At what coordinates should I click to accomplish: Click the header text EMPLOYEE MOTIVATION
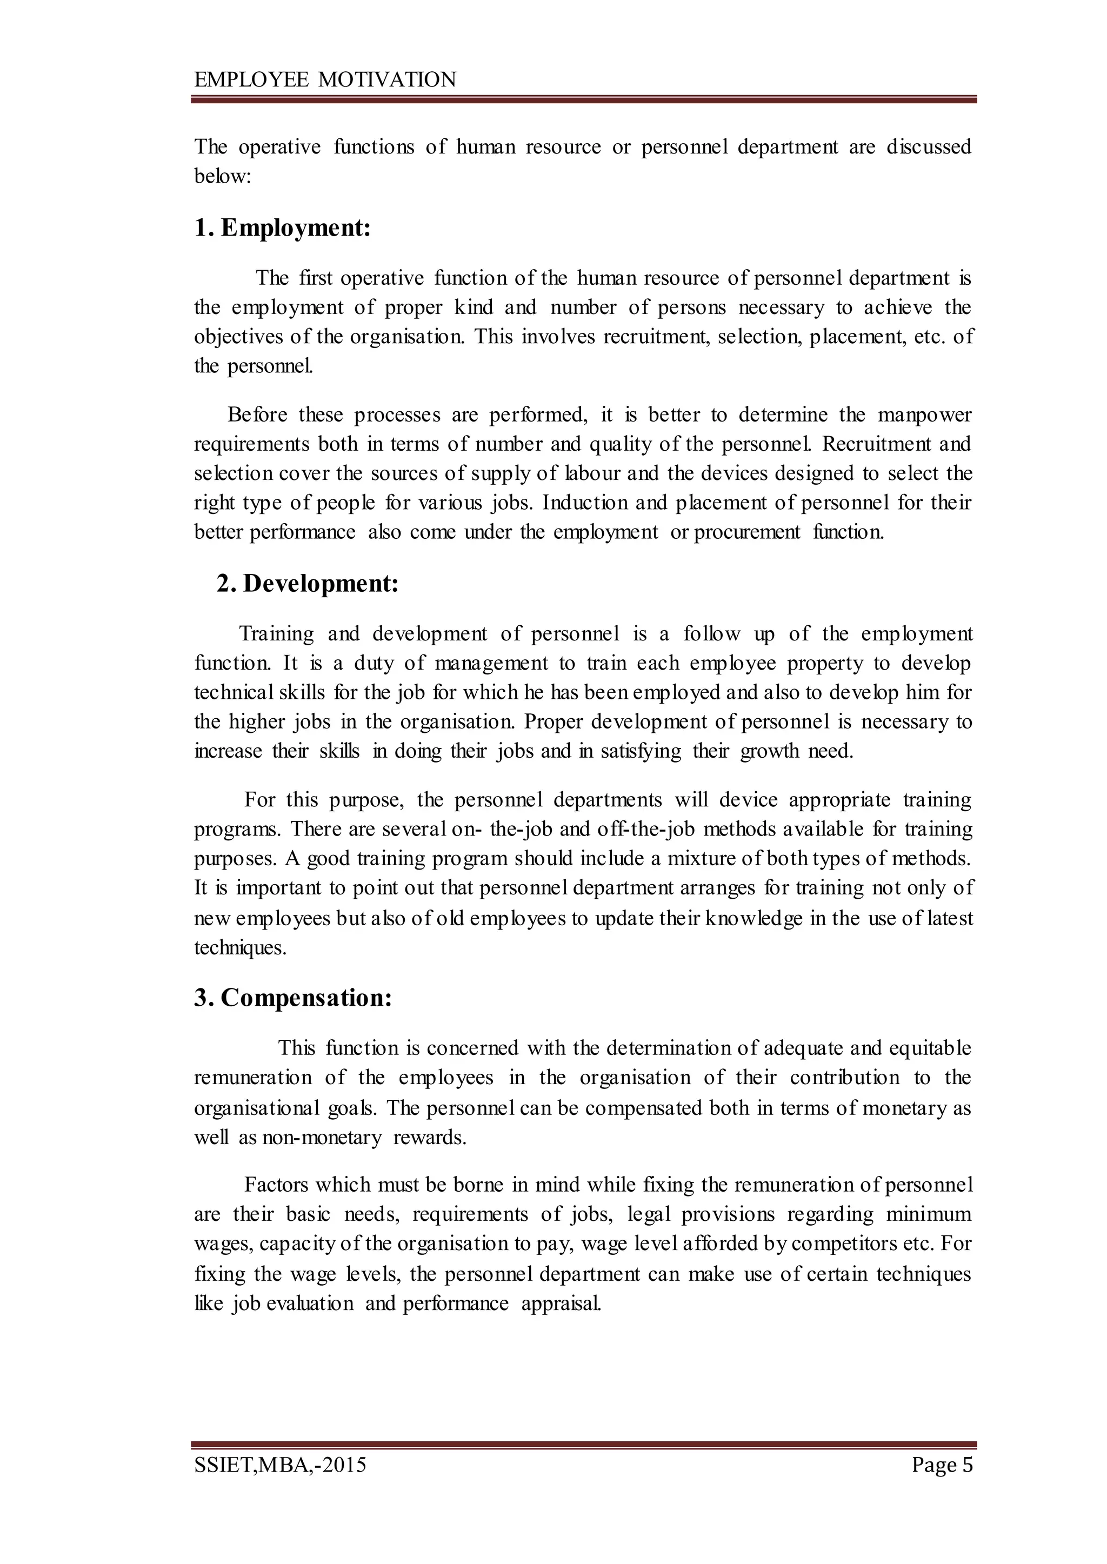(x=325, y=80)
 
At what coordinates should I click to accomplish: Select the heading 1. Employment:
(x=282, y=228)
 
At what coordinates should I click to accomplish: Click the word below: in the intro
(x=223, y=177)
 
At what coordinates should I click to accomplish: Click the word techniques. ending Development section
(x=240, y=947)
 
